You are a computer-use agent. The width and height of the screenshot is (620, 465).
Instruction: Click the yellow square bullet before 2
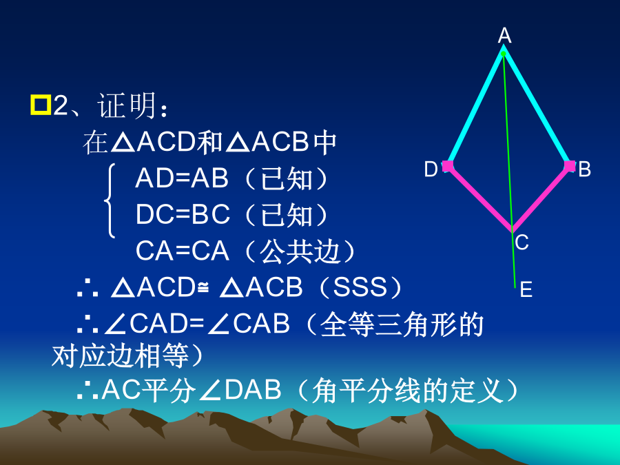pyautogui.click(x=41, y=105)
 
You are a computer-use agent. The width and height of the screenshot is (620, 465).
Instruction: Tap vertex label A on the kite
pyautogui.click(x=504, y=36)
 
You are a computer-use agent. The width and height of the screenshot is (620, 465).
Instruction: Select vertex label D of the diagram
pyautogui.click(x=431, y=169)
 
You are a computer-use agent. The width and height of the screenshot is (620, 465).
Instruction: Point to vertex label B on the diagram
pyautogui.click(x=584, y=169)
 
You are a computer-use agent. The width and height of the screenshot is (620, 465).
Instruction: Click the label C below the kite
pyautogui.click(x=522, y=242)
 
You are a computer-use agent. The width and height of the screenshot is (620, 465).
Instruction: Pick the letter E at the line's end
pyautogui.click(x=526, y=289)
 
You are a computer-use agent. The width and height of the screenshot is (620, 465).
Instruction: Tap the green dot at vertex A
pyautogui.click(x=504, y=53)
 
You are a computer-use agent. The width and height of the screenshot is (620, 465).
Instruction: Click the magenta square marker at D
pyautogui.click(x=448, y=166)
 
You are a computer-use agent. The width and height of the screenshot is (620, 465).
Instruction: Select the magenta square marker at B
pyautogui.click(x=570, y=166)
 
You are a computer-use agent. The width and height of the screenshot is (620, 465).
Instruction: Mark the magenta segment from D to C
pyautogui.click(x=479, y=198)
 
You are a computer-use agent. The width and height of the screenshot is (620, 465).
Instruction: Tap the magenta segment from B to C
pyautogui.click(x=541, y=198)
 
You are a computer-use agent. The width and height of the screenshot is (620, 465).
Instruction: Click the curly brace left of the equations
pyautogui.click(x=110, y=201)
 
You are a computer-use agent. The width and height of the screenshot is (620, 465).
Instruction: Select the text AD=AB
pyautogui.click(x=182, y=178)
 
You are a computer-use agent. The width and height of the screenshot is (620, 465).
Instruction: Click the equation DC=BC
pyautogui.click(x=183, y=214)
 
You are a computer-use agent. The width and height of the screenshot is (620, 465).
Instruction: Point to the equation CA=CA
pyautogui.click(x=183, y=251)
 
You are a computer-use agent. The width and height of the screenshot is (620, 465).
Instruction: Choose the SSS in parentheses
pyautogui.click(x=360, y=287)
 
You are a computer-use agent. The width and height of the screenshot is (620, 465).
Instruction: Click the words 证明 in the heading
pyautogui.click(x=127, y=105)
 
